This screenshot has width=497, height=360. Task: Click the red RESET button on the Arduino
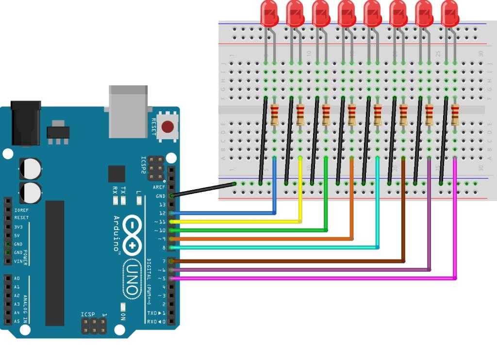pos(167,127)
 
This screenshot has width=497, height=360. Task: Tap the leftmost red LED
pos(269,13)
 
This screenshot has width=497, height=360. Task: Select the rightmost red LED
pos(449,13)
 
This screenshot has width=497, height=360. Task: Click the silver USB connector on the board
pos(128,111)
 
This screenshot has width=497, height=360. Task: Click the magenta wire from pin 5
pos(315,278)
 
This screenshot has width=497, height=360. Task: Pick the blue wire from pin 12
pos(223,213)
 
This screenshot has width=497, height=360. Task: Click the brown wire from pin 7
pos(291,261)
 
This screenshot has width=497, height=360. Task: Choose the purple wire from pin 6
pos(301,270)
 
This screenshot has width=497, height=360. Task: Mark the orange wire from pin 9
pos(262,239)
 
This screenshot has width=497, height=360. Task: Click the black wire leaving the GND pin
pos(204,190)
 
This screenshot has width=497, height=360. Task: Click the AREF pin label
pos(159,187)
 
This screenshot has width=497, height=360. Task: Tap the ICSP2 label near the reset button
pos(144,165)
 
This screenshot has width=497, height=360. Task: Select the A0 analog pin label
pos(17,278)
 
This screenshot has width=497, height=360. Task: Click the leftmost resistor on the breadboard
pos(275,115)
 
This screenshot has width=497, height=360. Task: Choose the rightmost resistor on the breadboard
pos(455,115)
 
